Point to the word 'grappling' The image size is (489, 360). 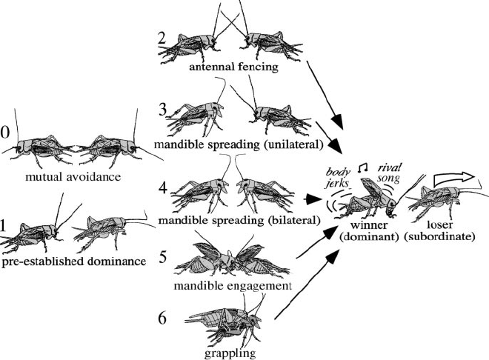(230, 353)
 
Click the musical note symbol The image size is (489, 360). (362, 170)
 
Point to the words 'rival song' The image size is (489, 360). (390, 173)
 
